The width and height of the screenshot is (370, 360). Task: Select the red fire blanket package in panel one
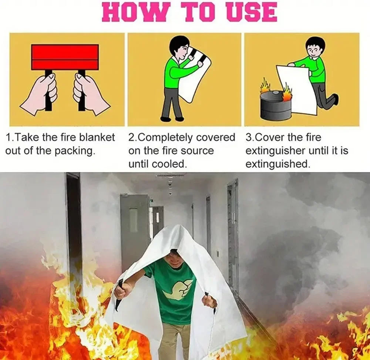pyautogui.click(x=65, y=57)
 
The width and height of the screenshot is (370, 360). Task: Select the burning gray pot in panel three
pyautogui.click(x=275, y=105)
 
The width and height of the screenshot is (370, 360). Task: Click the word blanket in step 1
pyautogui.click(x=96, y=138)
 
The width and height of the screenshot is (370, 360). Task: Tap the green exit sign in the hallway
pyautogui.click(x=152, y=201)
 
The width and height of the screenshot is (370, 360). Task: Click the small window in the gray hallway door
pyautogui.click(x=133, y=220)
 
